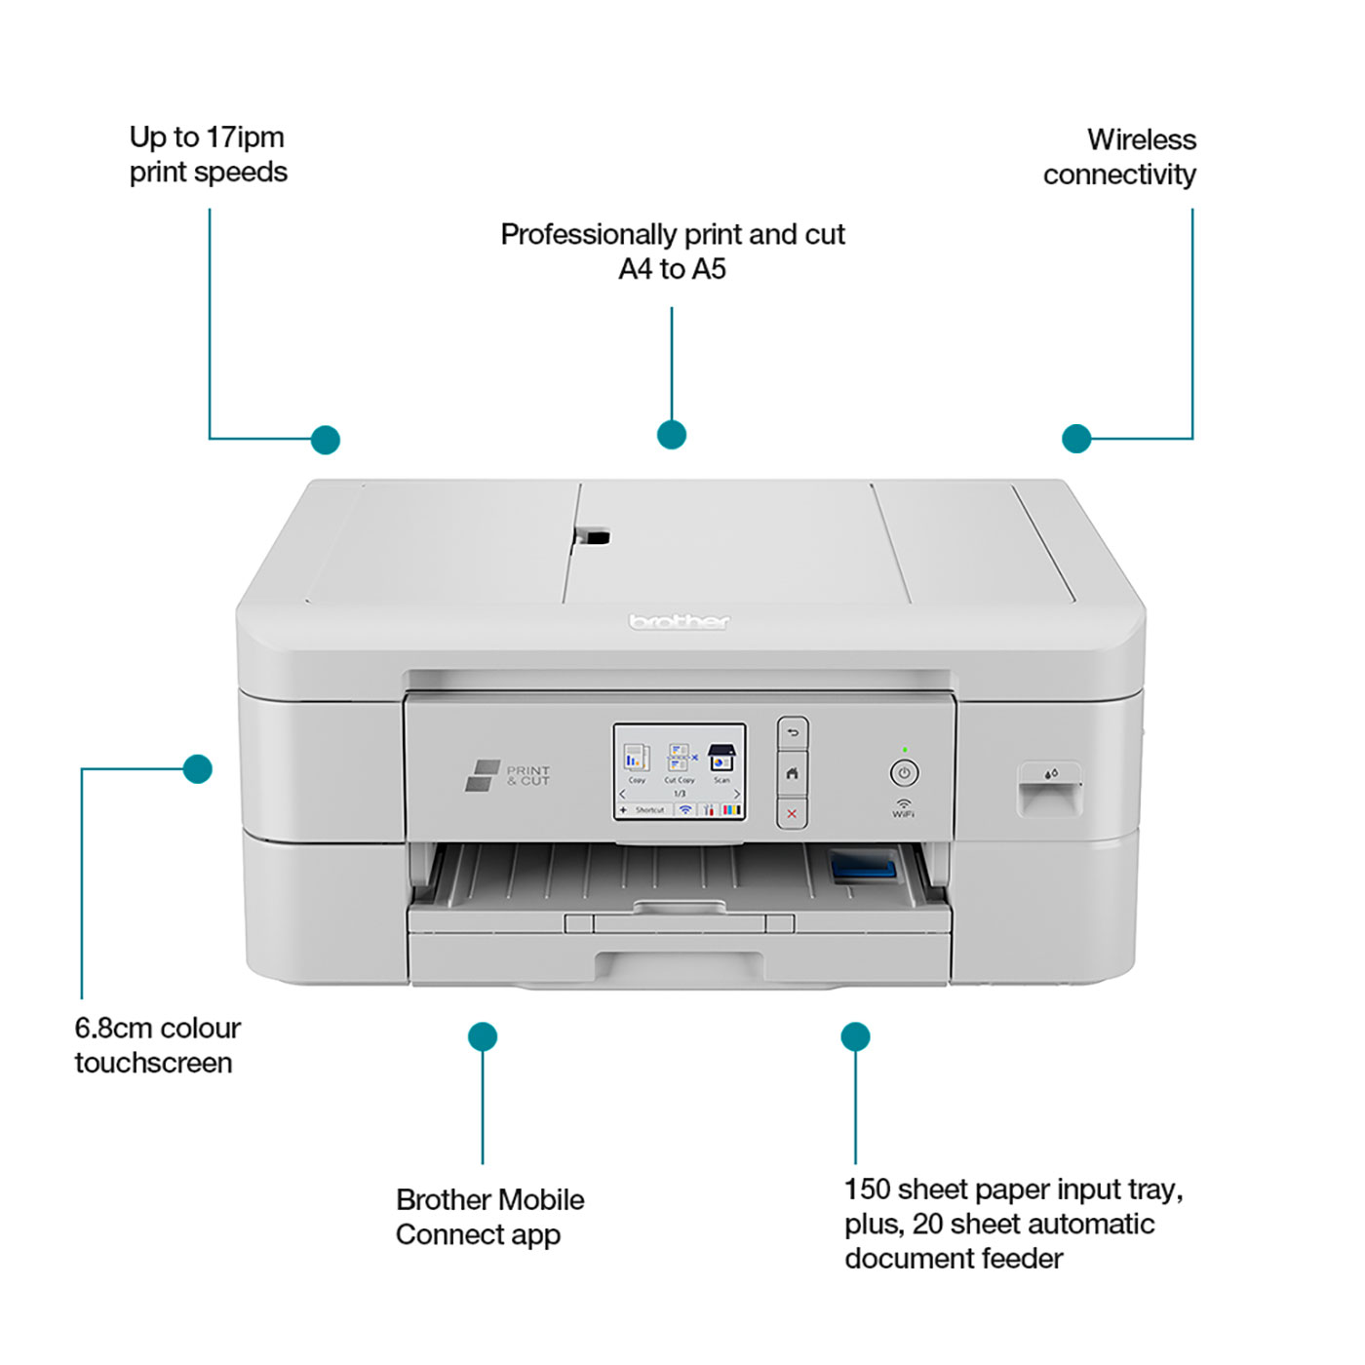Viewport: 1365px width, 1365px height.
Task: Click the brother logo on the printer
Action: [679, 622]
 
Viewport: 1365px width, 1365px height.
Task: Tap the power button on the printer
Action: [904, 773]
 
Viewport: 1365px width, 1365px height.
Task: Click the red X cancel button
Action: [792, 813]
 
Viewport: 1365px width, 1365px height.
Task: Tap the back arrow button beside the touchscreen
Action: [792, 733]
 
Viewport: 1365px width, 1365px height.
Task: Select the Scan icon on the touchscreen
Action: [721, 760]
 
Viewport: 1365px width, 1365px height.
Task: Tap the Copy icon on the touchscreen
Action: [637, 760]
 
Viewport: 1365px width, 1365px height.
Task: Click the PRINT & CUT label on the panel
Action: [526, 775]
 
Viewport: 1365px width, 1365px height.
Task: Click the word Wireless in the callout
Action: [1141, 139]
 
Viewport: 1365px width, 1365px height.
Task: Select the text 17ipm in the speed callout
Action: [245, 137]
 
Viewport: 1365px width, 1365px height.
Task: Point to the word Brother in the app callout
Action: [444, 1199]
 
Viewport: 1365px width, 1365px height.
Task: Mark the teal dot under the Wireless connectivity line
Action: [1076, 439]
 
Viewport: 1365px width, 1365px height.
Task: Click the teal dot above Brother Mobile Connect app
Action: [483, 1036]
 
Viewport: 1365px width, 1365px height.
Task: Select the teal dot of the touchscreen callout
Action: [198, 768]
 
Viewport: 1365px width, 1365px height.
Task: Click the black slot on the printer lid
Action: [592, 536]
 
